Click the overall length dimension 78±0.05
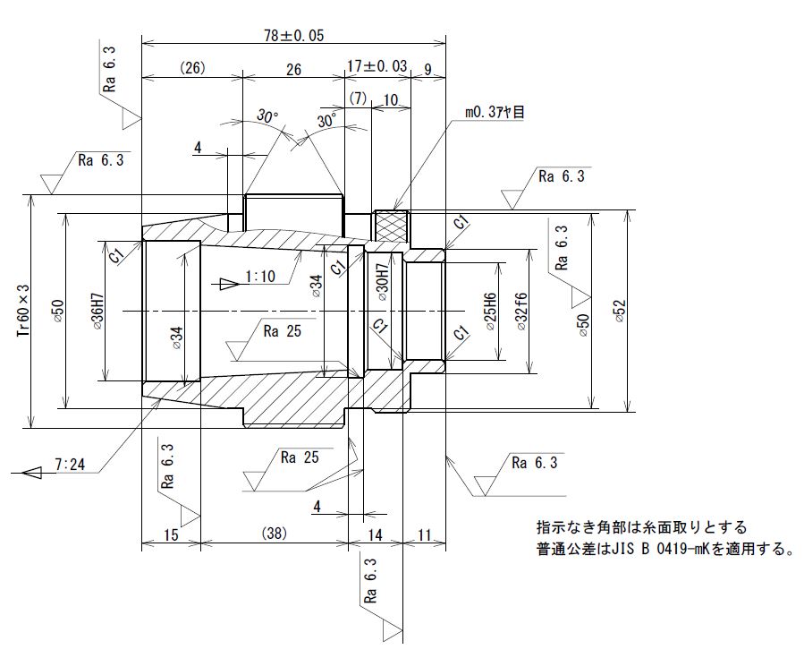pyautogui.click(x=293, y=36)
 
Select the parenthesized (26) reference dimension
pyautogui.click(x=192, y=69)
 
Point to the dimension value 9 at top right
pyautogui.click(x=429, y=68)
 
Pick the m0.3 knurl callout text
pyautogui.click(x=495, y=112)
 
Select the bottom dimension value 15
pyautogui.click(x=172, y=534)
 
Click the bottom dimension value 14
pyautogui.click(x=374, y=534)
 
